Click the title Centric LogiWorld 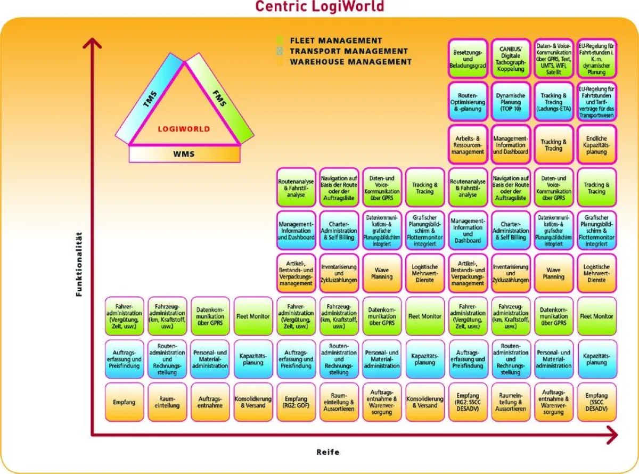pyautogui.click(x=319, y=6)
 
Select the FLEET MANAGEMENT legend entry pyautogui.click(x=335, y=40)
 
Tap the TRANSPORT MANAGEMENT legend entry pyautogui.click(x=348, y=51)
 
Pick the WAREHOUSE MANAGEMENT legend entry pyautogui.click(x=350, y=62)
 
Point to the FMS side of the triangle pyautogui.click(x=219, y=99)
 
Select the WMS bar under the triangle pyautogui.click(x=184, y=154)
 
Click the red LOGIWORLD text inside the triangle pyautogui.click(x=184, y=129)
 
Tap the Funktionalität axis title pyautogui.click(x=79, y=264)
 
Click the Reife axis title pyautogui.click(x=327, y=452)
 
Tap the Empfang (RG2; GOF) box pyautogui.click(x=296, y=402)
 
